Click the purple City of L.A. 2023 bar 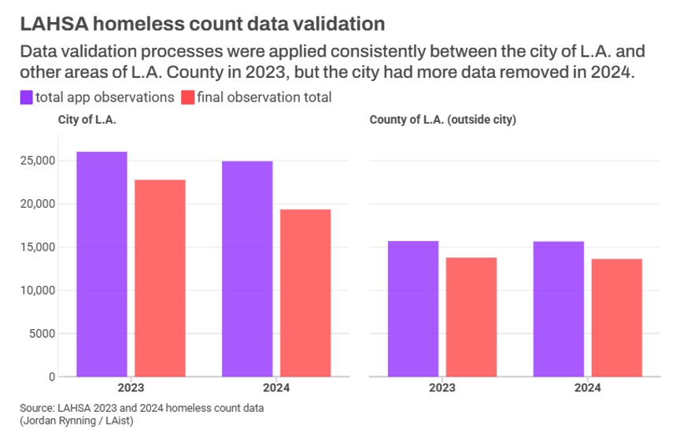coord(102,264)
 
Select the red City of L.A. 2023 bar coord(161,278)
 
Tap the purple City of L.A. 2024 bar coord(247,269)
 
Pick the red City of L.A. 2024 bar coord(305,293)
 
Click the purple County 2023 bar coord(413,309)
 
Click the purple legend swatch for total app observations coord(26,98)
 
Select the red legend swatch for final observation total coord(187,98)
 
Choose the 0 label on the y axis coord(51,377)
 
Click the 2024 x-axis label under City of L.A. coord(276,388)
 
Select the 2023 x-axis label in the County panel coord(442,388)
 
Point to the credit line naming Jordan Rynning coord(72,421)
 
